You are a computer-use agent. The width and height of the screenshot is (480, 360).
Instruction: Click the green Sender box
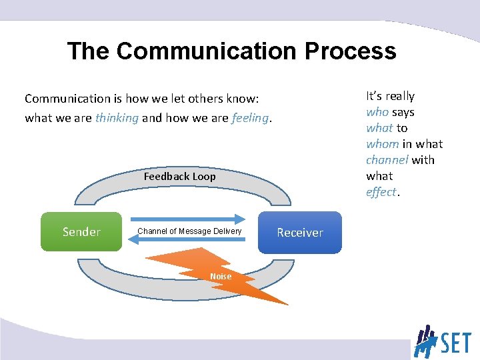point(81,232)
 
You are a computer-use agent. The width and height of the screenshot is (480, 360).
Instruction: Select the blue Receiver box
point(299,233)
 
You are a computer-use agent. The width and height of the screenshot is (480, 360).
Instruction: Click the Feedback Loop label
point(179,177)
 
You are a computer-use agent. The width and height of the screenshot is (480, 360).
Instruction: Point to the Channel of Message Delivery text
point(189,231)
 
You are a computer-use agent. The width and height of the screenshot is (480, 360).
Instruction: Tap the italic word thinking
point(117,118)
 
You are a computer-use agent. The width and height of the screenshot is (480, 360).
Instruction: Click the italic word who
point(377,112)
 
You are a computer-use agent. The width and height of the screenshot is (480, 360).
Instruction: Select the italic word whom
point(382,144)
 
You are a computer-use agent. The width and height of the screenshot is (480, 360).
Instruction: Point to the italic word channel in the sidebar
point(387,160)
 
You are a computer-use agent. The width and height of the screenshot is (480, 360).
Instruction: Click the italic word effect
point(381,192)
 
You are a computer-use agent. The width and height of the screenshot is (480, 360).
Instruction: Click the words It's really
point(390,96)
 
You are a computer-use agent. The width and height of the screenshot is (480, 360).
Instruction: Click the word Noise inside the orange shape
point(221,277)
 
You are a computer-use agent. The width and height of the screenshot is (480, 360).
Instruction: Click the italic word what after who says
point(379,128)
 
